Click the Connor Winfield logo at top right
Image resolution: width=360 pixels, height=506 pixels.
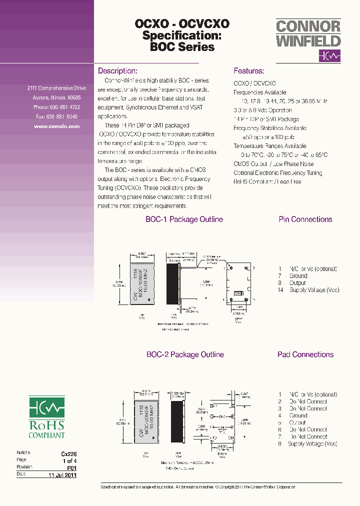pos(308,40)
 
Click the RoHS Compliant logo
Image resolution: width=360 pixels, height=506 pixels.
pos(46,418)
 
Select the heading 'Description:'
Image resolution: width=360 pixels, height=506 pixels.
pos(117,71)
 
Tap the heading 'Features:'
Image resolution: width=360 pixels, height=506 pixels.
pos(248,71)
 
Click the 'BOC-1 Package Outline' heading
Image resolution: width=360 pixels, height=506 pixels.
pos(184,219)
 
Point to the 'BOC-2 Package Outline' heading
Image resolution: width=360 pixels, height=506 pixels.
pos(184,354)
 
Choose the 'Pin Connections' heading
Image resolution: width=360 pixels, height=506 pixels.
pos(305,219)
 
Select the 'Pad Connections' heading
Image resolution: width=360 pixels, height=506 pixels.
pos(305,354)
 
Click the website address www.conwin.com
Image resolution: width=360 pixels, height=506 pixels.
pos(56,126)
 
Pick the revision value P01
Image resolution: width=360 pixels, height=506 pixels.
pos(72,467)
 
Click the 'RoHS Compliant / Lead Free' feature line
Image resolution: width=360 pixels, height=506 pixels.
pos(267,182)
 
